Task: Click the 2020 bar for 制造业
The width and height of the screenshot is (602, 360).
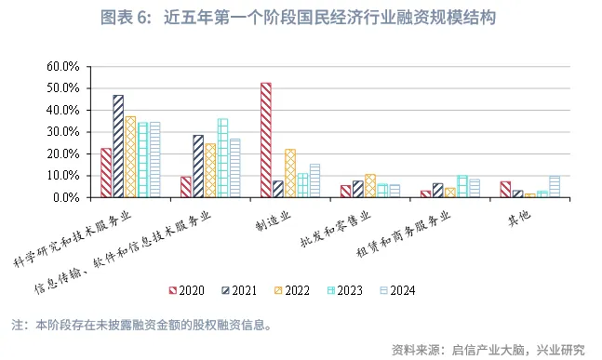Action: click(x=266, y=140)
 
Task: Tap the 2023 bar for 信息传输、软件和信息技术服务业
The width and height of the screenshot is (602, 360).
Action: click(x=222, y=158)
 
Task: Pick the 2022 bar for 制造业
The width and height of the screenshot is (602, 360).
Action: click(x=290, y=173)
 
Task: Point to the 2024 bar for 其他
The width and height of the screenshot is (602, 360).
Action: click(x=555, y=186)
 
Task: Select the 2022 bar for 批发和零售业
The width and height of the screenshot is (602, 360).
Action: click(x=370, y=185)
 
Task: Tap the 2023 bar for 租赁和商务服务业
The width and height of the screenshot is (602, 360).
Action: click(x=462, y=186)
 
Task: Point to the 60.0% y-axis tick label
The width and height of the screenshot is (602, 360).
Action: click(x=62, y=66)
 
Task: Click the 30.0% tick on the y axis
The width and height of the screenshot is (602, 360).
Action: click(x=62, y=131)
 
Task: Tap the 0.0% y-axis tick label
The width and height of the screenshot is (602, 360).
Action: click(x=65, y=197)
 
